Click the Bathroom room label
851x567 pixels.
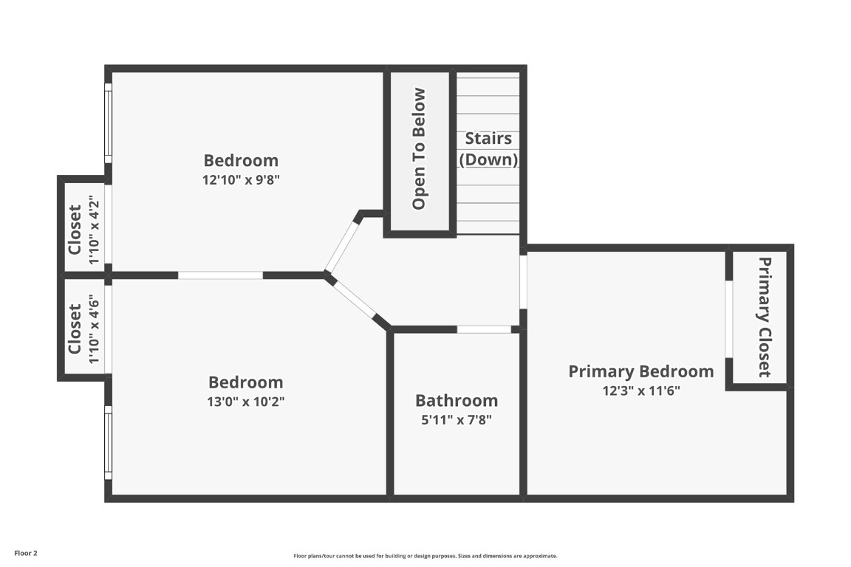pyautogui.click(x=457, y=401)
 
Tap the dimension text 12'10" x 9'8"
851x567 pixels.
pyautogui.click(x=241, y=179)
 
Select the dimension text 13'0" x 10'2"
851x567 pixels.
pyautogui.click(x=245, y=402)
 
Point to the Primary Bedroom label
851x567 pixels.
pyautogui.click(x=640, y=371)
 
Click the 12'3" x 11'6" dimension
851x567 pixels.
pyautogui.click(x=640, y=391)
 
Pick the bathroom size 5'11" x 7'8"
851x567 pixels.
pyautogui.click(x=456, y=420)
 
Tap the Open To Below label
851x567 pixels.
pyautogui.click(x=419, y=149)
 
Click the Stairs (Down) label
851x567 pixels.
pyautogui.click(x=488, y=148)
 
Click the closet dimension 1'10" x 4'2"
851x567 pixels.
pyautogui.click(x=93, y=230)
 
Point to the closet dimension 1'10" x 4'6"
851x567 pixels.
pyautogui.click(x=93, y=329)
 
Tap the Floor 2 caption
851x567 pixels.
pyautogui.click(x=25, y=553)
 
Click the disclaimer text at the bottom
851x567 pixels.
pyautogui.click(x=425, y=556)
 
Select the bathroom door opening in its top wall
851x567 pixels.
pyautogui.click(x=484, y=329)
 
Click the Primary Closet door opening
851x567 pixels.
pyautogui.click(x=728, y=318)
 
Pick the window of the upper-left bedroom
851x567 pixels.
pyautogui.click(x=108, y=123)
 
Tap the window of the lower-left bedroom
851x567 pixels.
pyautogui.click(x=108, y=442)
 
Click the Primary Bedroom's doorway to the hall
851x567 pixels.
pyautogui.click(x=523, y=281)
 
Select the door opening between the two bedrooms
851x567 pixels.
pyautogui.click(x=220, y=275)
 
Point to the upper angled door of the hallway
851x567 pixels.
pyautogui.click(x=341, y=245)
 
